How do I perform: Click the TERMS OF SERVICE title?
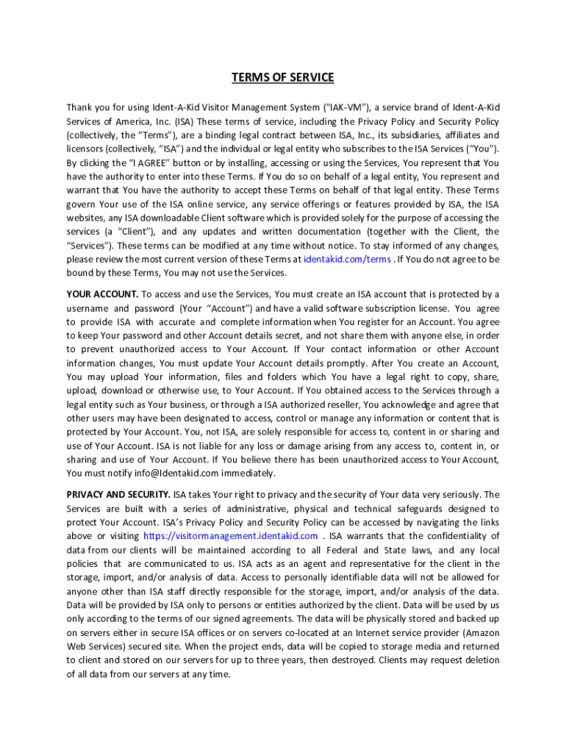click(283, 77)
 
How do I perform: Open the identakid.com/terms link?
click(347, 260)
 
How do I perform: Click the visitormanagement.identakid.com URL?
click(231, 536)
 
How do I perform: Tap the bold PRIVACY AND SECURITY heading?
click(118, 494)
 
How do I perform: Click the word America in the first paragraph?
click(140, 121)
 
